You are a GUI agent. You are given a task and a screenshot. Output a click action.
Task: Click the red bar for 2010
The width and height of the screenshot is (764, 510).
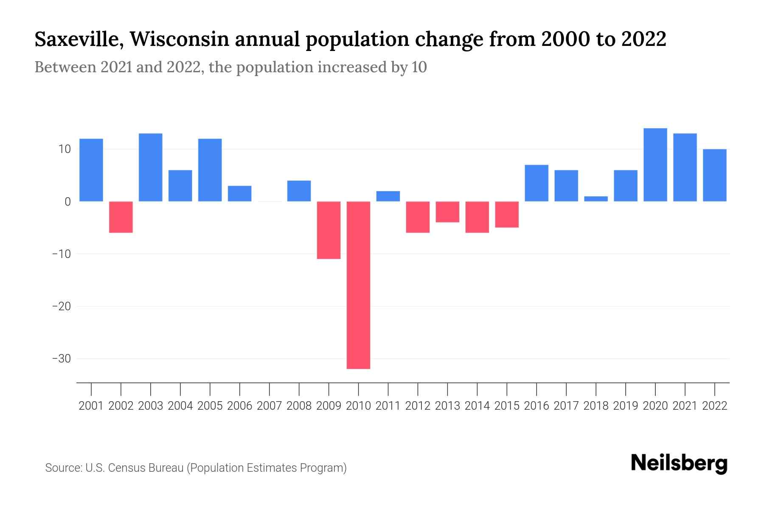(x=358, y=285)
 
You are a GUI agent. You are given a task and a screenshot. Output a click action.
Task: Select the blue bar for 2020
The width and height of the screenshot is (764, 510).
(x=655, y=165)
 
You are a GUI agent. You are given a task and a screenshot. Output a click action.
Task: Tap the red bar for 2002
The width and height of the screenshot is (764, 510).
(x=121, y=217)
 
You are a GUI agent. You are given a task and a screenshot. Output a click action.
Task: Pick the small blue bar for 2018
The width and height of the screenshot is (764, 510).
(x=596, y=199)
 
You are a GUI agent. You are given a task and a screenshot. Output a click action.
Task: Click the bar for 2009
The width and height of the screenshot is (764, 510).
(x=329, y=230)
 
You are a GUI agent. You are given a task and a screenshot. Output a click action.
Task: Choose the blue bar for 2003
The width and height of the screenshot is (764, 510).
(x=151, y=167)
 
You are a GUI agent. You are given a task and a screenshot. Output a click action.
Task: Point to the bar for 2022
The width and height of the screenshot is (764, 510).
(x=714, y=175)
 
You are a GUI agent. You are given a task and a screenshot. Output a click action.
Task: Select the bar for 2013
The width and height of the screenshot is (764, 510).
(x=447, y=212)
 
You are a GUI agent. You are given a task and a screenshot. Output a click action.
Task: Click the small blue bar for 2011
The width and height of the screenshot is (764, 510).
(x=388, y=196)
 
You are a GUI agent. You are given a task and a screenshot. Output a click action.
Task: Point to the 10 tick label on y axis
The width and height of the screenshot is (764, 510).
(x=65, y=149)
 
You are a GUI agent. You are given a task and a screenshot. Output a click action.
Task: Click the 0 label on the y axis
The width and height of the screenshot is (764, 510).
(x=67, y=202)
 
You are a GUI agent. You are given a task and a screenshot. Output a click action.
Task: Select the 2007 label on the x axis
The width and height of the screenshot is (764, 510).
(x=269, y=406)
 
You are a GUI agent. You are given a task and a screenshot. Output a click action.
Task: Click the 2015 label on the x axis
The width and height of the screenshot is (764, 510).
(x=507, y=406)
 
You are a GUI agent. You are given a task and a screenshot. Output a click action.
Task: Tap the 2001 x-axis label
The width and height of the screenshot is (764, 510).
(x=91, y=406)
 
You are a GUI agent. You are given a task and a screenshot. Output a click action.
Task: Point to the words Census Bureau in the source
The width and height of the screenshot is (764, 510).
(x=147, y=468)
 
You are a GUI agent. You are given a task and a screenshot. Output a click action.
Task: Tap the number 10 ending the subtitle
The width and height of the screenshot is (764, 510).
(x=419, y=67)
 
